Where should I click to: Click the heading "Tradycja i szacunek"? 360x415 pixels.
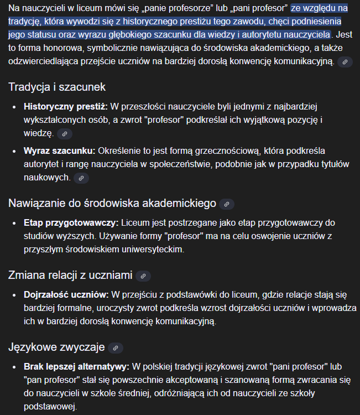pyautogui.click(x=57, y=87)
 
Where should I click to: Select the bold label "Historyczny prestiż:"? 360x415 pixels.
pyautogui.click(x=65, y=106)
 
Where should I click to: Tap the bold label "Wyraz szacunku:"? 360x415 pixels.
pyautogui.click(x=59, y=151)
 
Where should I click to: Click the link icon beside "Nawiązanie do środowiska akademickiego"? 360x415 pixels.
pyautogui.click(x=227, y=204)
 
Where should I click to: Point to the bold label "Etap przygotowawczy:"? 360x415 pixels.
pyautogui.click(x=71, y=222)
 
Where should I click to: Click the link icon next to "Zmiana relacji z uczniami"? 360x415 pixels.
pyautogui.click(x=143, y=276)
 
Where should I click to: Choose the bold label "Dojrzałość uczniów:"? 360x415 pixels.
pyautogui.click(x=66, y=294)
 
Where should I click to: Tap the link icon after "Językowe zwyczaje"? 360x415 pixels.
pyautogui.click(x=115, y=348)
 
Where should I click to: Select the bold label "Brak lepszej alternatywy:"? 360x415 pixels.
pyautogui.click(x=76, y=366)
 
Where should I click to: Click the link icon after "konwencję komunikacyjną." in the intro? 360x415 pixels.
pyautogui.click(x=345, y=62)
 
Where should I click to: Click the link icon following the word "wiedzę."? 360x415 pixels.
pyautogui.click(x=65, y=134)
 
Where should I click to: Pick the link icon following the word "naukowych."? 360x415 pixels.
pyautogui.click(x=81, y=178)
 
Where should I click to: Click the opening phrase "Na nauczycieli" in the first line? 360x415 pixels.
pyautogui.click(x=38, y=8)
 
